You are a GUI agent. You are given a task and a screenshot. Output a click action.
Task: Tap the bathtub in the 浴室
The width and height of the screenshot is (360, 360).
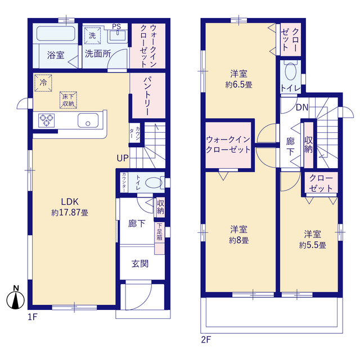(x=56, y=34)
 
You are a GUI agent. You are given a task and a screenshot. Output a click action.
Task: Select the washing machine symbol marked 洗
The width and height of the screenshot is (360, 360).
(x=92, y=35)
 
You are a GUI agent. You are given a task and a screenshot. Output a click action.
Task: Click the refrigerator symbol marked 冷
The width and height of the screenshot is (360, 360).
(x=43, y=83)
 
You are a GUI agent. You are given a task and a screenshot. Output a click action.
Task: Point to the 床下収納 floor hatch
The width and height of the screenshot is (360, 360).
(x=68, y=100)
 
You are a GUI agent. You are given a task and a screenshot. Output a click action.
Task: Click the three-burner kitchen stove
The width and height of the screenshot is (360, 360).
(x=46, y=120)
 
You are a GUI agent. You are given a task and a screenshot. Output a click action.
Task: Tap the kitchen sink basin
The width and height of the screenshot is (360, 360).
(x=88, y=120)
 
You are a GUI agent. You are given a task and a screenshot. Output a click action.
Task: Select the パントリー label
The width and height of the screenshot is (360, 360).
(x=147, y=96)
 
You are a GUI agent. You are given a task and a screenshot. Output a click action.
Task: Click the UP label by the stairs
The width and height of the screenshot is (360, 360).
(x=123, y=158)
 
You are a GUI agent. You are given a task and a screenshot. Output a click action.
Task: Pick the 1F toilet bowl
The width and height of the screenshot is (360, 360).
(x=154, y=183)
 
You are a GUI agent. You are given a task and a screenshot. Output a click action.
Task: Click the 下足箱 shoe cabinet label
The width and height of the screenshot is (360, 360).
(x=160, y=231)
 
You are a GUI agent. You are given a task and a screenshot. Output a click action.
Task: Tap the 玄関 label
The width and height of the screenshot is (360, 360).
(x=140, y=264)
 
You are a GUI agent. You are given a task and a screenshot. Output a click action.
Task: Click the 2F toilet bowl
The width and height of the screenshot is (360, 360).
(x=290, y=71)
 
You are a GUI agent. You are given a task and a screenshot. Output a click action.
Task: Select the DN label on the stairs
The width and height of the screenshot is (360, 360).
(x=302, y=107)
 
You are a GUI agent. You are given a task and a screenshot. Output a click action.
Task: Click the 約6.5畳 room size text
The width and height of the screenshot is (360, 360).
(x=238, y=85)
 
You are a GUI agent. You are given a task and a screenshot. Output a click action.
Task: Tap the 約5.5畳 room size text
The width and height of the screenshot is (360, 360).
(x=313, y=245)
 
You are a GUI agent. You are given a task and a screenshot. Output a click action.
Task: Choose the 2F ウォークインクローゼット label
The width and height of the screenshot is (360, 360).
(x=228, y=145)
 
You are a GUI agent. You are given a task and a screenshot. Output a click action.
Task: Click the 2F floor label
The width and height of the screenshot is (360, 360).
(x=206, y=340)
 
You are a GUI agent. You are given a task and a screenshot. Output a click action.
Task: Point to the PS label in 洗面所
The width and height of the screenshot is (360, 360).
(x=116, y=26)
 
